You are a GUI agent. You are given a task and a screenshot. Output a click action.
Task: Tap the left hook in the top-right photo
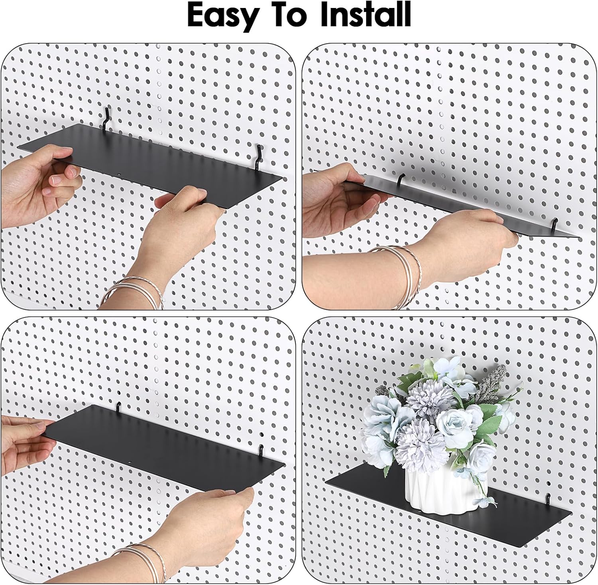click(400, 180)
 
